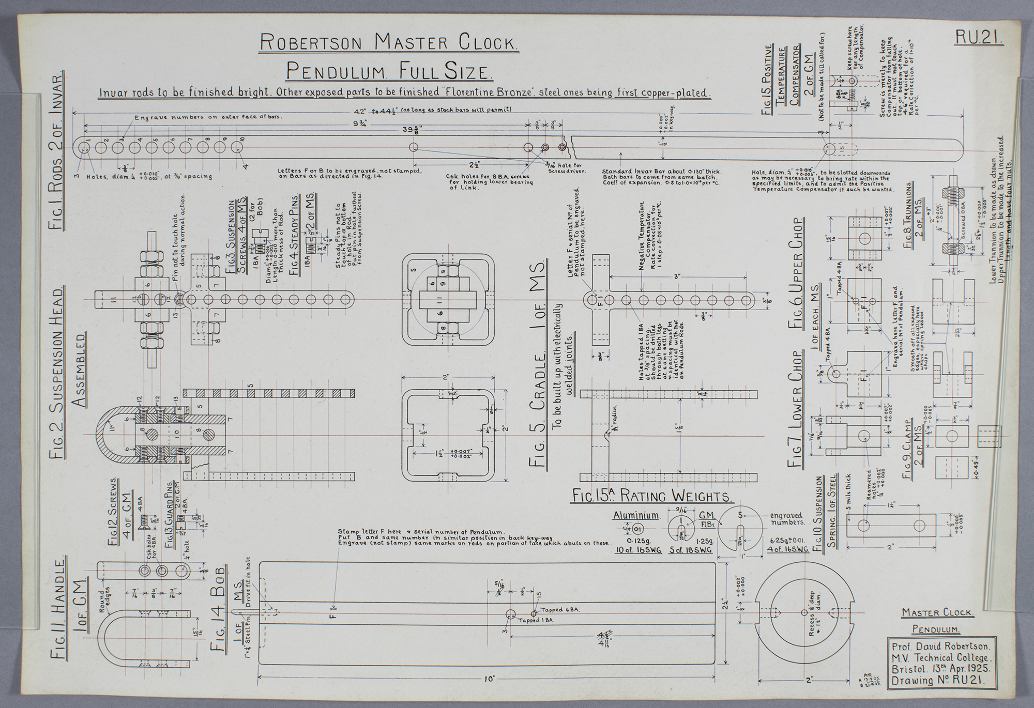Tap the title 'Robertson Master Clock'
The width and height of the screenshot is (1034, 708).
pos(389,42)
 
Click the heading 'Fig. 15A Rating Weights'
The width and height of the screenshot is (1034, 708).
pos(652,496)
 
